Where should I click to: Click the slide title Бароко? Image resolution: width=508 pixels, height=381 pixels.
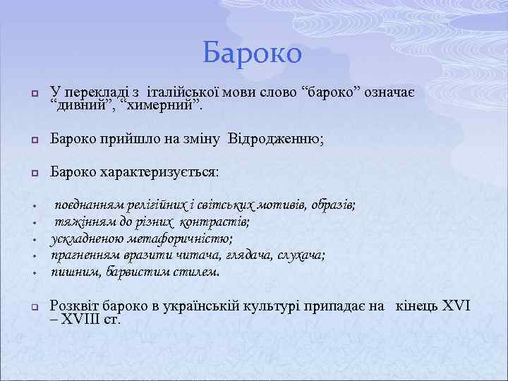point(253,53)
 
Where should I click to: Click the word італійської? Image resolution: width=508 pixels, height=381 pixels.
point(177,93)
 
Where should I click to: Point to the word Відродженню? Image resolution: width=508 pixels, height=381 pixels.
point(274,140)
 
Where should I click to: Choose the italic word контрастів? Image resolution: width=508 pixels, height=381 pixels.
point(214,222)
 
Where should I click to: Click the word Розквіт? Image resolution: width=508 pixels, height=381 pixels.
point(76,306)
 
